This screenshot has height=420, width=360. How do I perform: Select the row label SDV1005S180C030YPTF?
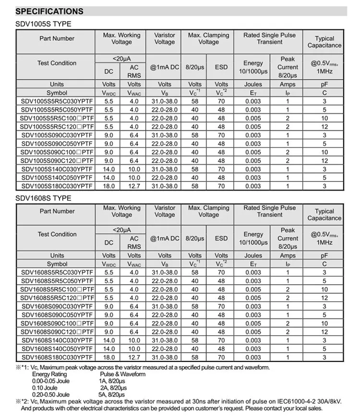(57, 186)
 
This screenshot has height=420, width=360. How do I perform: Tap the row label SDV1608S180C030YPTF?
(57, 358)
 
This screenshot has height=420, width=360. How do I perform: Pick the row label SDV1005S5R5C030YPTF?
(57, 101)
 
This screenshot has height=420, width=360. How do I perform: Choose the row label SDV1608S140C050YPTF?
(57, 349)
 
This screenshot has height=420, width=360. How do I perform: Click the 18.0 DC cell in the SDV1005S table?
(109, 186)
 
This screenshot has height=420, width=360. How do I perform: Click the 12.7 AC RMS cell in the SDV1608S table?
(134, 358)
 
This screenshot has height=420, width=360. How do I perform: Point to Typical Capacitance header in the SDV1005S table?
(324, 42)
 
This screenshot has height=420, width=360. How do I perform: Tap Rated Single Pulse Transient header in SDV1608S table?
(269, 212)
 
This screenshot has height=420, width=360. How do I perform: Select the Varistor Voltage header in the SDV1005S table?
(165, 39)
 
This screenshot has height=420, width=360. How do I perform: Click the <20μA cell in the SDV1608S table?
(121, 229)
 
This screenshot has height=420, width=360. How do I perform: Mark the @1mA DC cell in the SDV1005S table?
(165, 68)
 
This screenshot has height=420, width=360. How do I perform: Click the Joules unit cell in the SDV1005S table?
(253, 84)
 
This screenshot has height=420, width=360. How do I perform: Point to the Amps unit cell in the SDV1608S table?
(288, 256)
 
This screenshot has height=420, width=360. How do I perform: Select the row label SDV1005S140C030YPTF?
(57, 169)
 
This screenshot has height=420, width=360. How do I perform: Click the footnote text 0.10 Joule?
(45, 388)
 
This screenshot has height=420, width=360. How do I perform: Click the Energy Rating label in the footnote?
(49, 374)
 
